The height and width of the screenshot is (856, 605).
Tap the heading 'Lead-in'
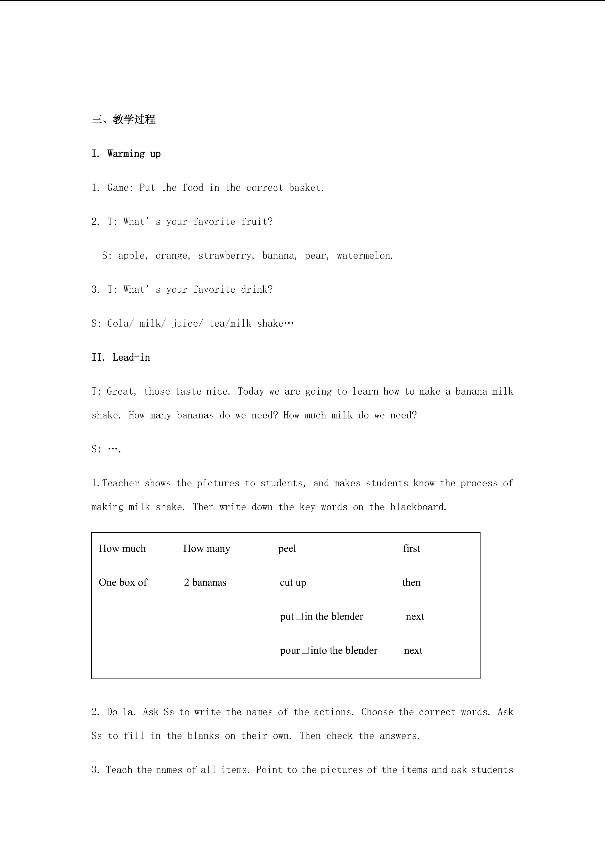pos(131,357)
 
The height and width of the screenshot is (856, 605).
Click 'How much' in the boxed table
pos(122,548)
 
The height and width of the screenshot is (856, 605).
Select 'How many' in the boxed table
pos(207,548)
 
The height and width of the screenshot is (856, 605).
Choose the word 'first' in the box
pos(411,548)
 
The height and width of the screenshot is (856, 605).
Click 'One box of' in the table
pos(123,582)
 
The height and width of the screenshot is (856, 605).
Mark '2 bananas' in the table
pos(205,582)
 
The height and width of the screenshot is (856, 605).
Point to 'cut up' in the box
pos(293,582)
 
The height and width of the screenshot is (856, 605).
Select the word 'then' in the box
pos(411,582)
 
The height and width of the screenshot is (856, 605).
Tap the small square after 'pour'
pos(305,651)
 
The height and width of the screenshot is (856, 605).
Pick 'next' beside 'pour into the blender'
pos(413,651)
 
